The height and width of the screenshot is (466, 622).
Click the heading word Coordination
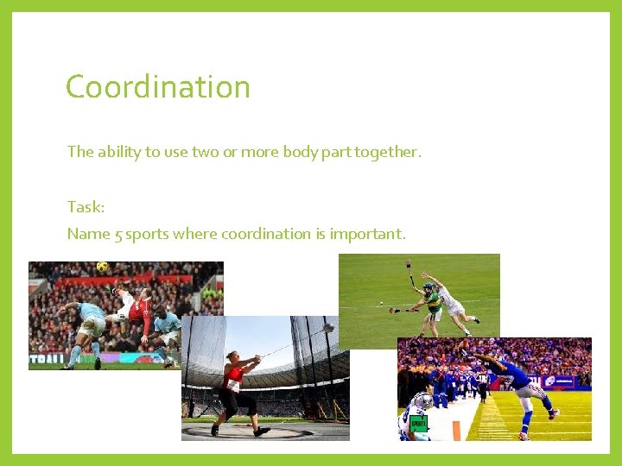[x=157, y=87]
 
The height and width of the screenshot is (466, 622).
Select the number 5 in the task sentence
[x=118, y=234]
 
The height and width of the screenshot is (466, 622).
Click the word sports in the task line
[x=148, y=234]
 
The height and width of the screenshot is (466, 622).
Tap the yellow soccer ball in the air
[x=103, y=268]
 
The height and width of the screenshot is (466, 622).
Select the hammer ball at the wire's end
[x=329, y=328]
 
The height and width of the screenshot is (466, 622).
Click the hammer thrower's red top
[x=232, y=377]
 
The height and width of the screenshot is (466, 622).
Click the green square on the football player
[x=418, y=424]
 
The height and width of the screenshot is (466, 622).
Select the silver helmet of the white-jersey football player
[x=423, y=401]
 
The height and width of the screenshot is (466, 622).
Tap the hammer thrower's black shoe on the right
[x=261, y=431]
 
